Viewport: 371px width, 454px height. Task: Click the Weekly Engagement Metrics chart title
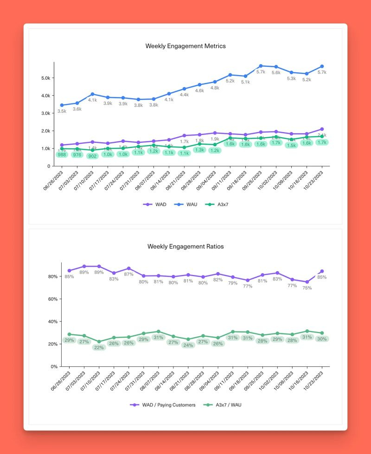click(185, 46)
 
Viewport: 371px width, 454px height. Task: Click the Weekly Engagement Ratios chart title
click(185, 246)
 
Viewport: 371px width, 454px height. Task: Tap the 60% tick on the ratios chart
click(51, 299)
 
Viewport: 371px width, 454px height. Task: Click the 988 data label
click(62, 155)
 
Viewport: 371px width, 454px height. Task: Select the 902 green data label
click(92, 156)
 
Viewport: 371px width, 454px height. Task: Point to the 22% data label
click(99, 348)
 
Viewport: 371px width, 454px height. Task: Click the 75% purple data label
click(307, 288)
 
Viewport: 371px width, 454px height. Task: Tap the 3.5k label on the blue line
click(62, 111)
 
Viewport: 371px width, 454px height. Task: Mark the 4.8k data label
click(215, 88)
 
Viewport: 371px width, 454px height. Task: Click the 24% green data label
click(188, 345)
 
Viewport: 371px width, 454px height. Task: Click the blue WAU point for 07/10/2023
click(92, 94)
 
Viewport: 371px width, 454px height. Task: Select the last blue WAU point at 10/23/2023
click(322, 66)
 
